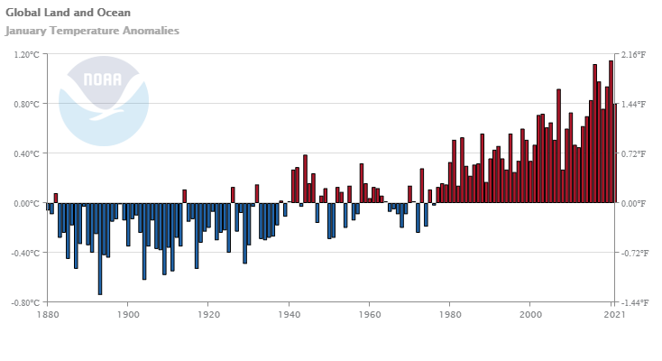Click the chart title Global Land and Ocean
click(68, 13)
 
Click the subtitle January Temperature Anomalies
click(92, 31)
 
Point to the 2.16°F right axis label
click(633, 55)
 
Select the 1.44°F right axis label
click(633, 105)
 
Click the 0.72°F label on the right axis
click(633, 153)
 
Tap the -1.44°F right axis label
click(632, 302)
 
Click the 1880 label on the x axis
click(48, 315)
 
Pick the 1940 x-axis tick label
click(289, 315)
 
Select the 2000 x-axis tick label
click(530, 315)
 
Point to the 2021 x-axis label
click(614, 315)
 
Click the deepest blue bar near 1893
click(100, 248)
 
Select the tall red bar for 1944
click(305, 179)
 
